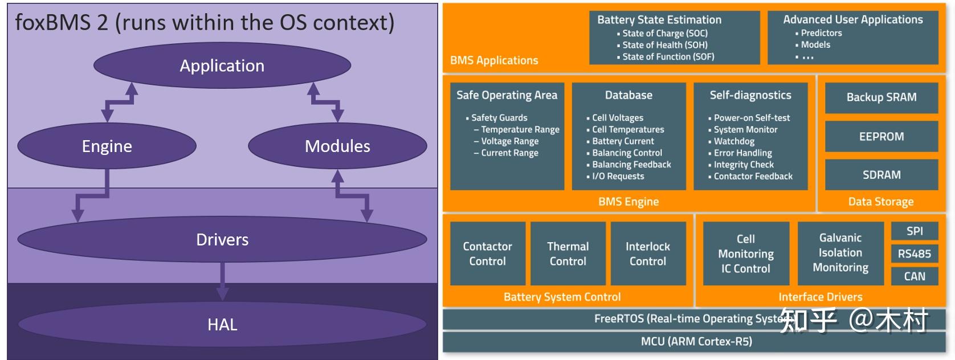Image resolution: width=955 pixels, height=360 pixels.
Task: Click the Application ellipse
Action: (222, 66)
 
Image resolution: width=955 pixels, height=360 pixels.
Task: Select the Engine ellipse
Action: (107, 146)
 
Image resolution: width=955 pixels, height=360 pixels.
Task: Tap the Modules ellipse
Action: (337, 146)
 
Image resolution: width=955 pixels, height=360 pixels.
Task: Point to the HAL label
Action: (222, 325)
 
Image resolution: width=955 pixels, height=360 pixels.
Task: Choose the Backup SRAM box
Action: (881, 97)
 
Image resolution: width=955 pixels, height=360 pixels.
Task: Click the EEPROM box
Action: (881, 137)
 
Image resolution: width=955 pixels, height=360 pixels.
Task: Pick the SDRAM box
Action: (881, 175)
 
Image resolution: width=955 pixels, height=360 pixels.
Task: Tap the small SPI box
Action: (915, 231)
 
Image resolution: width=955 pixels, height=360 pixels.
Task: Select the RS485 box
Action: (915, 253)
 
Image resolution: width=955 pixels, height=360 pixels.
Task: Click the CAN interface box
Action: (915, 276)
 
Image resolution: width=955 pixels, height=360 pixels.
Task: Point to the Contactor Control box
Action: (487, 253)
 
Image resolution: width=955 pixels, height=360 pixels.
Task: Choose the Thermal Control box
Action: (568, 253)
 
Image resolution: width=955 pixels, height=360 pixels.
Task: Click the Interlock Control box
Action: (648, 253)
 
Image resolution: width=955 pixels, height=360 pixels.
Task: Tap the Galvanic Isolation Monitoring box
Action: (840, 252)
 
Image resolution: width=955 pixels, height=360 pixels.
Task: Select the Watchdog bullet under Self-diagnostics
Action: (734, 141)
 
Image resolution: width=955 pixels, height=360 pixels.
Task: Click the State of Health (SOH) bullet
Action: (664, 45)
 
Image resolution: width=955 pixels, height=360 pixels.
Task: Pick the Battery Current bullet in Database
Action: (623, 141)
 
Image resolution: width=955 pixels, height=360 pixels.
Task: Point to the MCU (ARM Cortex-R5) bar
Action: (696, 342)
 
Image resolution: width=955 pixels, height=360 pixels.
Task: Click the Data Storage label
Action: (880, 202)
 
